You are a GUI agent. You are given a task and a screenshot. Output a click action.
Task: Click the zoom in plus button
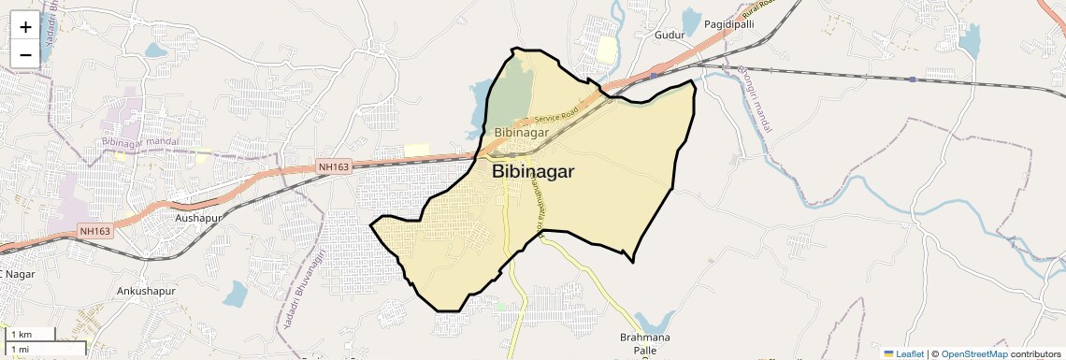click(x=25, y=27)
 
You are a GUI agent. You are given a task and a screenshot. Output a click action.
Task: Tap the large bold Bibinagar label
click(x=532, y=172)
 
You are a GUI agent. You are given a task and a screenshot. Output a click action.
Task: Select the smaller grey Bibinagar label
click(x=521, y=133)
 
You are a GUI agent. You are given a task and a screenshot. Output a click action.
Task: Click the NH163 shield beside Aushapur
click(x=95, y=231)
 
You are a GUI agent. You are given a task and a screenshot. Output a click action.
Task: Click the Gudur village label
click(x=670, y=35)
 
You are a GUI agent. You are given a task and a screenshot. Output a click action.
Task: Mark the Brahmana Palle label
click(x=640, y=343)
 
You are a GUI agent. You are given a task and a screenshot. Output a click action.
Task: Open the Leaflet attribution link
click(x=903, y=353)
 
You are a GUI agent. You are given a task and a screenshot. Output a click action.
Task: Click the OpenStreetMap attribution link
click(x=973, y=353)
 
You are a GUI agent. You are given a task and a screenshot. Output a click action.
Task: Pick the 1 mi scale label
click(x=21, y=350)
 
